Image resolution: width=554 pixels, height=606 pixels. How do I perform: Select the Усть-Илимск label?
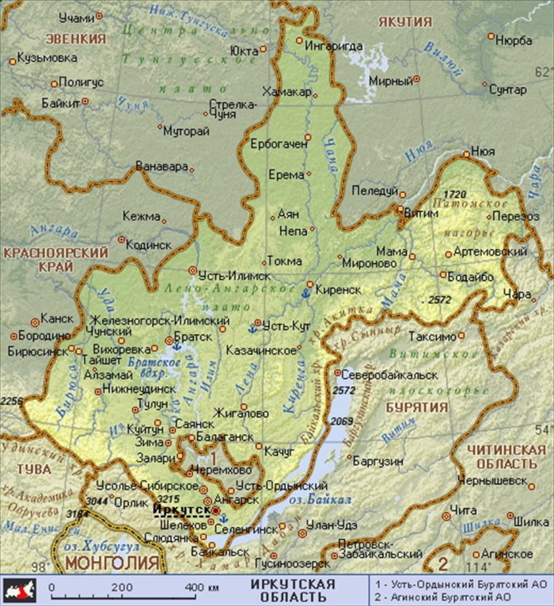(x=234, y=275)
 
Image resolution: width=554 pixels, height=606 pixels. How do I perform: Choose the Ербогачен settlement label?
(x=278, y=145)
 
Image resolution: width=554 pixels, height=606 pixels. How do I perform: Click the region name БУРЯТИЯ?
(x=416, y=407)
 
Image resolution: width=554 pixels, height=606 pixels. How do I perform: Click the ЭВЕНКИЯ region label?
(x=75, y=39)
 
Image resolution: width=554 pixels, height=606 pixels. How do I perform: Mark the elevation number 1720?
(x=455, y=194)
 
